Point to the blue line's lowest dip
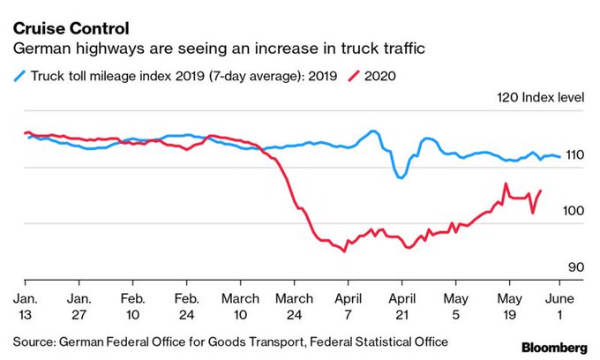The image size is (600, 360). pos(401,177)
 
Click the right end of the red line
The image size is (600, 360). pos(540,191)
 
